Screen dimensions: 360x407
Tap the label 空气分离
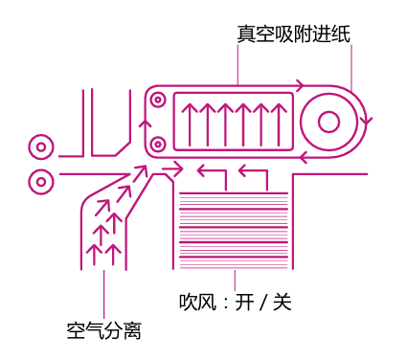104,331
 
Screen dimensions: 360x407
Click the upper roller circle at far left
40,147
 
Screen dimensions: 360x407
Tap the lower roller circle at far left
40,178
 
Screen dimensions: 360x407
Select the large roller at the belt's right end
328,122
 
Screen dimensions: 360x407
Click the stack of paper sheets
234,230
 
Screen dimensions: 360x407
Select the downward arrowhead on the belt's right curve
368,122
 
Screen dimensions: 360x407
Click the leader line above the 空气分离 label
103,292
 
